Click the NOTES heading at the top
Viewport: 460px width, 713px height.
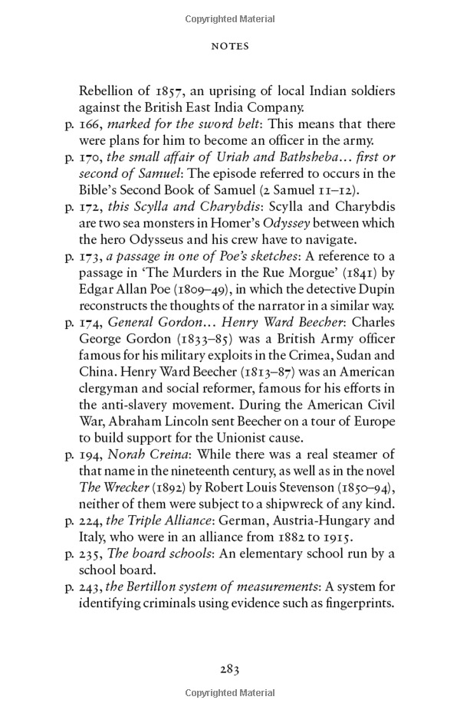230,47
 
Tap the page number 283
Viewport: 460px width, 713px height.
230,669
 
